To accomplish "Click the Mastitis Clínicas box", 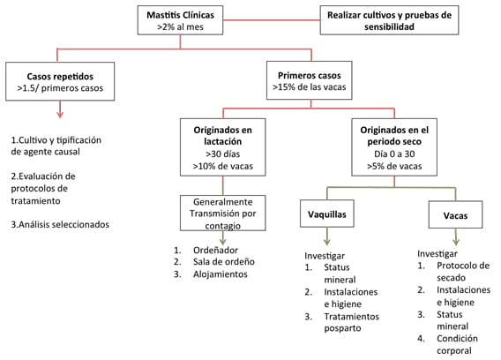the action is click(180, 20).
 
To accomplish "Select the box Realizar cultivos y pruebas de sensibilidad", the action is click(389, 20).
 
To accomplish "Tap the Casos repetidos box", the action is click(60, 81).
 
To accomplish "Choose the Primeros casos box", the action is click(310, 80).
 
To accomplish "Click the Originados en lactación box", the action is click(222, 147).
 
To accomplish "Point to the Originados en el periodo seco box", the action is click(394, 147).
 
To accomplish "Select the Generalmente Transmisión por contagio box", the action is click(222, 214).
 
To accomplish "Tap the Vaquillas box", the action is click(327, 214).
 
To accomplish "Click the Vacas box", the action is click(455, 214).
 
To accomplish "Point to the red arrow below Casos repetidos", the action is click(60, 109).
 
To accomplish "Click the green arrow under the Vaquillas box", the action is click(327, 236).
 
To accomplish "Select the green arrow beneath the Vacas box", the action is click(456, 236).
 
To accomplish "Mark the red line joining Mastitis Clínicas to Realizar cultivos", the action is click(272, 20).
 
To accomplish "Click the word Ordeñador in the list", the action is click(215, 250).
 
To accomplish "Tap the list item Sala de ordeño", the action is click(224, 262).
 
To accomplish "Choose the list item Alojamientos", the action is click(221, 274).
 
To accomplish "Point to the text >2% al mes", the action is click(180, 26).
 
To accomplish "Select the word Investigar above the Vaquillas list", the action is click(325, 256).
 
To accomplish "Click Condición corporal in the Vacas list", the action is click(457, 344).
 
